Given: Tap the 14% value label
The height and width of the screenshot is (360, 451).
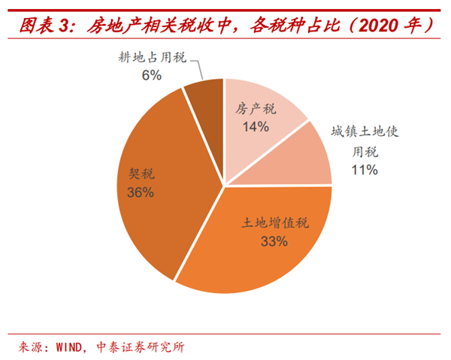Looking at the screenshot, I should tap(256, 126).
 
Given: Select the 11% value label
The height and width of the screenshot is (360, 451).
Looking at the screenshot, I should tap(364, 170).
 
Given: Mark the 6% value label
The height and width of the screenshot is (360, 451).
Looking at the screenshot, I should tap(151, 74).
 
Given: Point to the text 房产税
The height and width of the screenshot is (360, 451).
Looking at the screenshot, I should tap(256, 110).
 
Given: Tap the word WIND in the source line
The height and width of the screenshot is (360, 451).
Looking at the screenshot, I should tap(72, 346).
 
